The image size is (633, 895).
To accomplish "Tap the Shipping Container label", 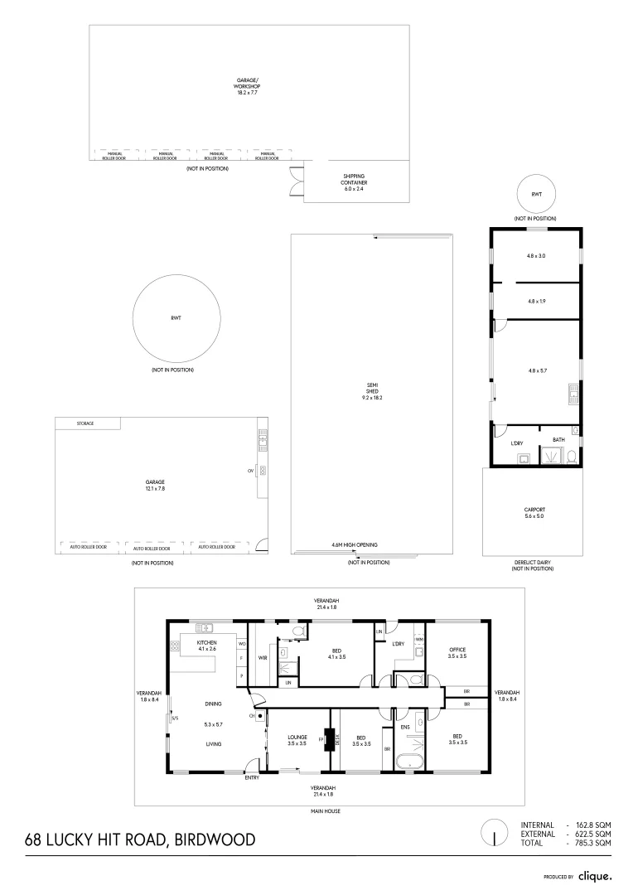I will coord(354,182).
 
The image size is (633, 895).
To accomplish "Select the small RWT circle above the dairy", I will coord(536,194).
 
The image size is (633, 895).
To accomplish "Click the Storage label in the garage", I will coord(85,423).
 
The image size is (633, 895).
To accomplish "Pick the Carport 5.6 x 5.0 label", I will coord(534,513).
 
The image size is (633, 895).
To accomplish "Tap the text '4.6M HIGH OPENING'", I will coord(354,544).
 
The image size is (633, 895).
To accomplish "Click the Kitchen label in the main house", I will coord(206,646).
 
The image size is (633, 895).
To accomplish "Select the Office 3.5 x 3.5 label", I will coord(457,652).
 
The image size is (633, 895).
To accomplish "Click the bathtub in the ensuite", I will coord(410,762).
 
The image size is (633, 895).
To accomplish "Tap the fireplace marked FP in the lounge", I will coord(328,738).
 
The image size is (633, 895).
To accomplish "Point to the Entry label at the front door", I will coord(252,777).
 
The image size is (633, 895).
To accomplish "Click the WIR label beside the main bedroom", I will coord(263,658).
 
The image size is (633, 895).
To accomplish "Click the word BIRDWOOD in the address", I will coord(215,840).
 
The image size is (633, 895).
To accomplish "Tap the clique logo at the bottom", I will coord(594,875).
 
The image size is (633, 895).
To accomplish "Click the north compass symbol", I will coord(495,833).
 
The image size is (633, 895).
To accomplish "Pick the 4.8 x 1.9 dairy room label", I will coord(535,301).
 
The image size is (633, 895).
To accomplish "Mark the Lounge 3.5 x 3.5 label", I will coord(297,740).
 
